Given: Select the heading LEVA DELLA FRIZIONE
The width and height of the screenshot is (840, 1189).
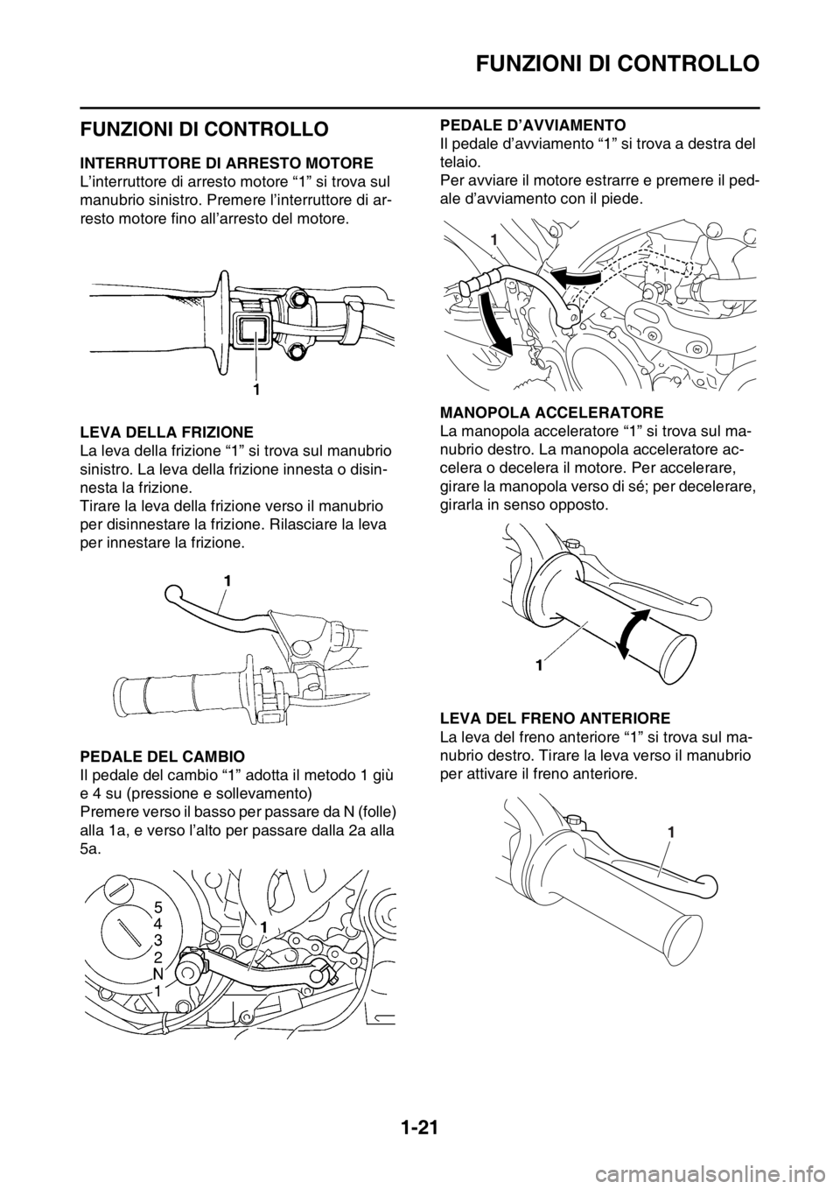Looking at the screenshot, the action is click(166, 431).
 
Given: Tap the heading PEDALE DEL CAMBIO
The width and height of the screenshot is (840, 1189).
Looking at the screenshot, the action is click(163, 755).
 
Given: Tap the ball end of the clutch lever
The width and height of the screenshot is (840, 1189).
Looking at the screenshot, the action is click(173, 593).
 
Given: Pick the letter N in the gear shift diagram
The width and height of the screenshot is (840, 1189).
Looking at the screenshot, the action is click(157, 974).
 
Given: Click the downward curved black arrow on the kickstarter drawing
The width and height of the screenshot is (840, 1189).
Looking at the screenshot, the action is click(496, 324).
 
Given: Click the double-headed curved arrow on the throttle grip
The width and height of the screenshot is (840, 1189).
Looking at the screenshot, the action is click(633, 635).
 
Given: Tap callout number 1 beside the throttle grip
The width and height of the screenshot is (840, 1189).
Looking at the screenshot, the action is click(538, 664).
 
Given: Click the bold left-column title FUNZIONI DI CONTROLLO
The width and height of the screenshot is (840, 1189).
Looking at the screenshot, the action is click(204, 129).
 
